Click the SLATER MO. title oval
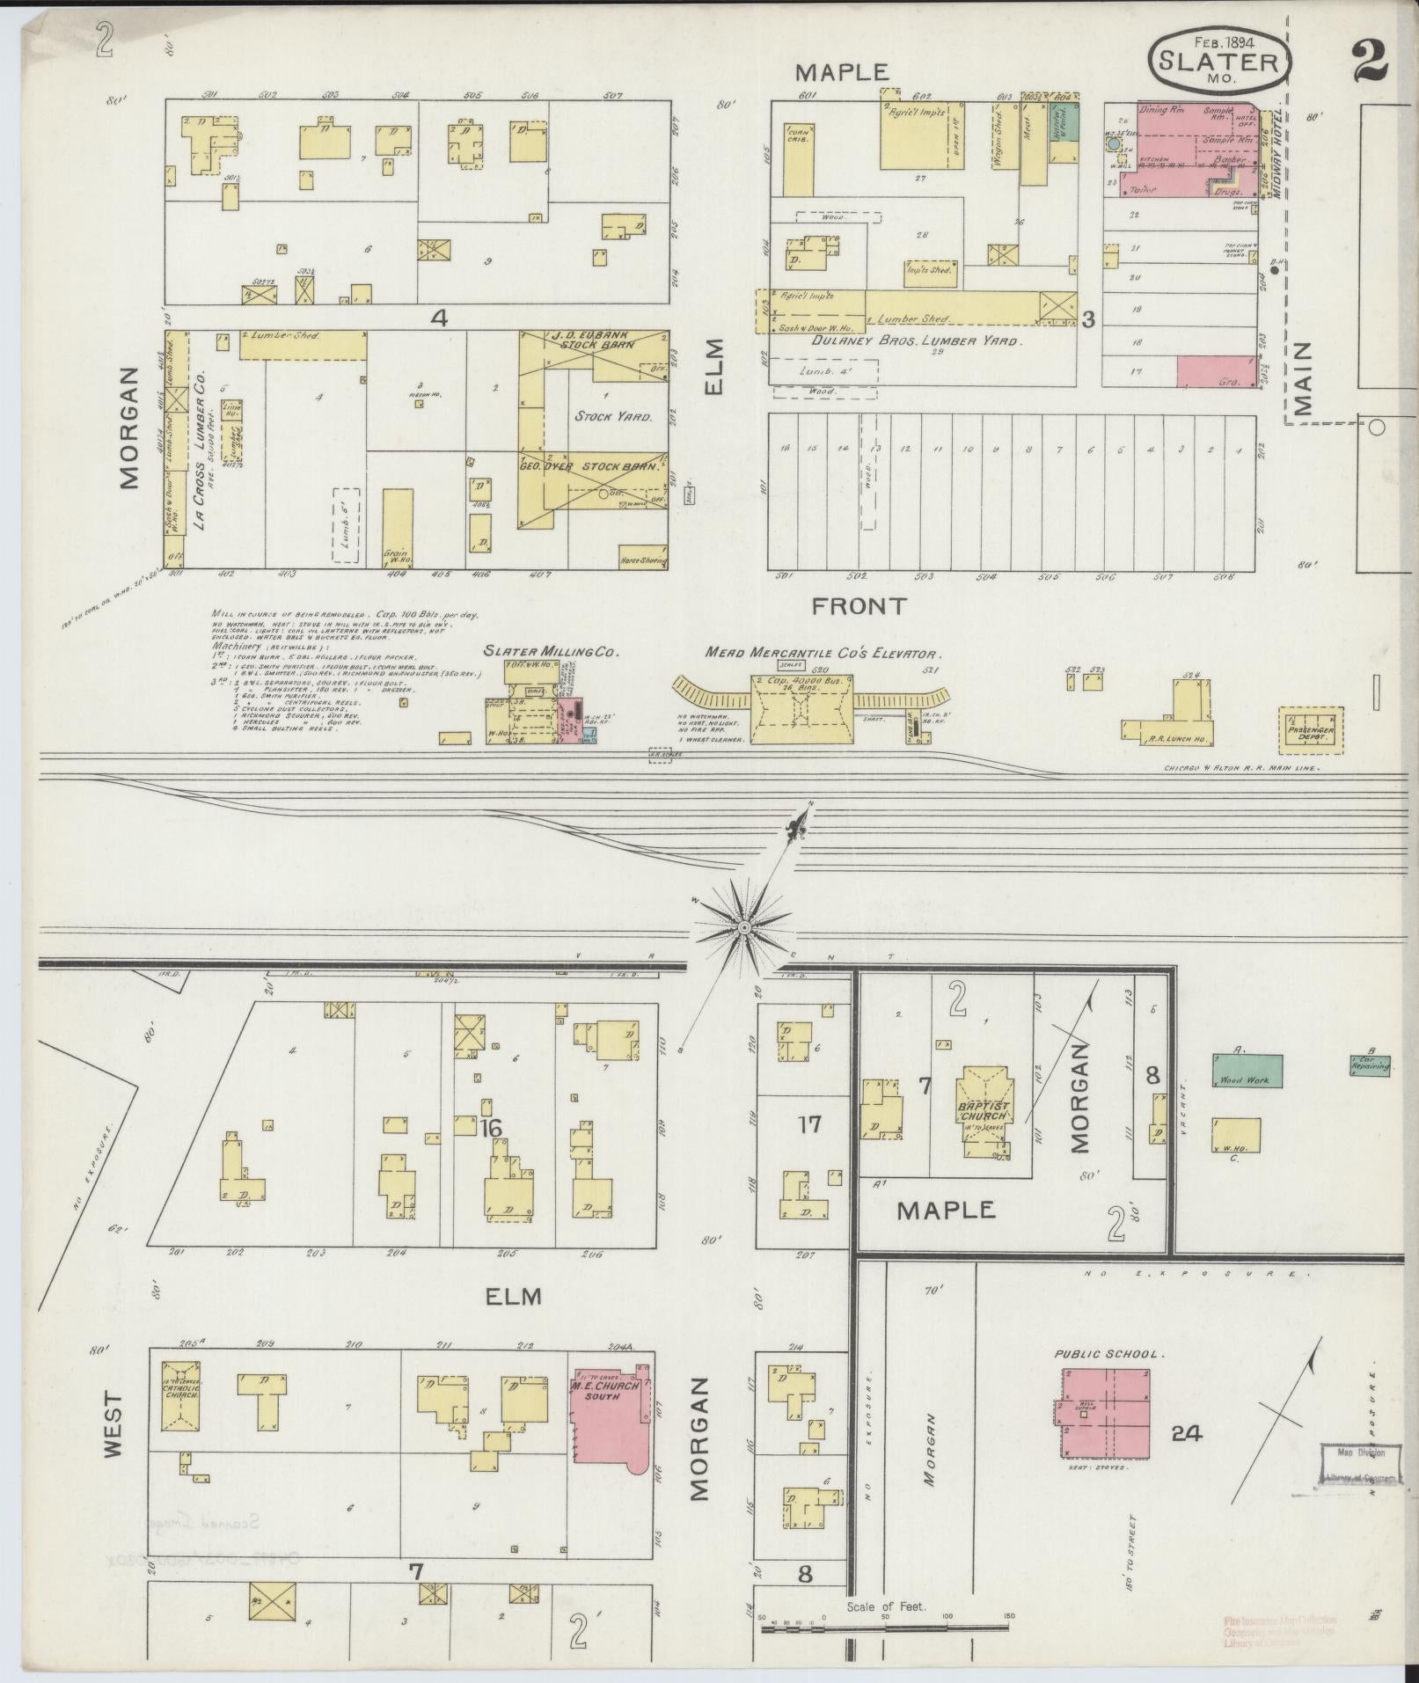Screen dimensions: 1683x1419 point(1218,61)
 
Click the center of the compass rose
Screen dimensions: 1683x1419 point(744,927)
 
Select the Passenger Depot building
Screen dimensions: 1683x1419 point(1312,729)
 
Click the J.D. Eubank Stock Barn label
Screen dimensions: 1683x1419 point(594,340)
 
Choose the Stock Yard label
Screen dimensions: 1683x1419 point(612,416)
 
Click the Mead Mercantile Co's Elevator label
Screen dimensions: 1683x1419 point(823,654)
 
